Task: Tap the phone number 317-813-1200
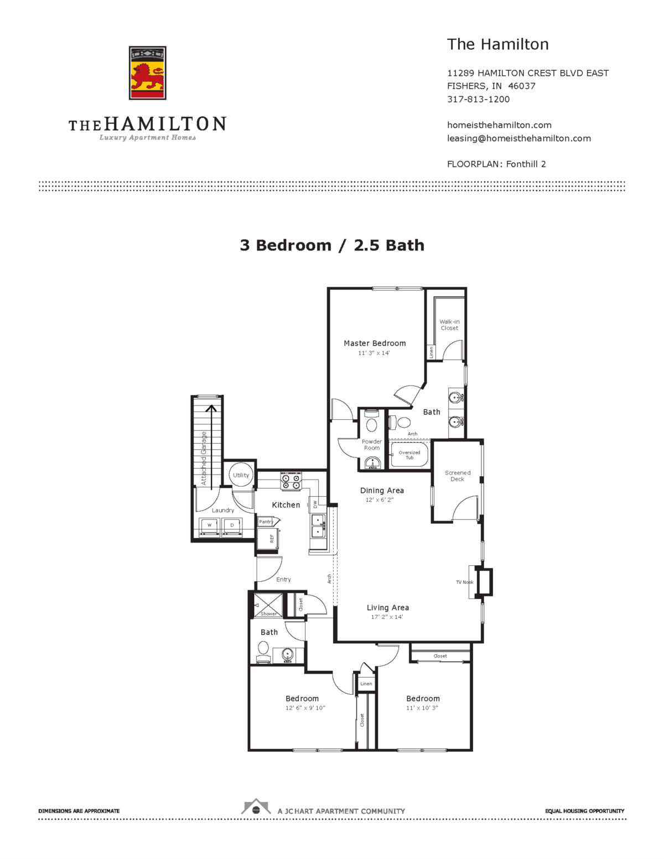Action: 478,100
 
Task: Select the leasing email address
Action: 518,138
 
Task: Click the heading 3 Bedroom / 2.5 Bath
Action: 332,246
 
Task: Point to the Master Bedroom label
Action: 375,343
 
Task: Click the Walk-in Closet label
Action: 449,325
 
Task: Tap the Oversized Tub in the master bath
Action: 409,455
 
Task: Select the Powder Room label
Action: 372,445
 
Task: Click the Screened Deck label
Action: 458,476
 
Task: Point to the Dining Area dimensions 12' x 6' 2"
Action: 380,500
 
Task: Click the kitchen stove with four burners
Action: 291,481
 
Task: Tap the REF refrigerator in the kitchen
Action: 268,538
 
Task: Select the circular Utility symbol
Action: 241,475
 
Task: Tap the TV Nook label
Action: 464,582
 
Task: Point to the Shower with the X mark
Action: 268,604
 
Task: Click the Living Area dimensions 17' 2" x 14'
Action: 387,617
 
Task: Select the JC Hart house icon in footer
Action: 256,808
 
